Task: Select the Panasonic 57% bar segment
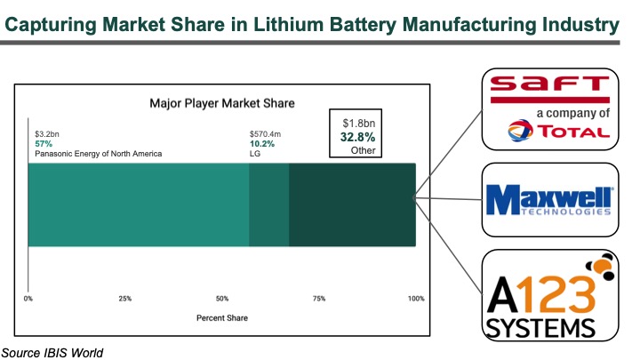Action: coord(138,204)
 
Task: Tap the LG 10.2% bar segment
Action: coord(268,204)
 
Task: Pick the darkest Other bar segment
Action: coord(352,204)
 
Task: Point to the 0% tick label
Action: coord(28,298)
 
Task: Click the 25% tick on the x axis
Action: coord(125,298)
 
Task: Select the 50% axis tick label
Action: coord(222,298)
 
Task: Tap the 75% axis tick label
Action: coord(319,298)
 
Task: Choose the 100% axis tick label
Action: coord(415,298)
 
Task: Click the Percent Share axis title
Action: coord(221,317)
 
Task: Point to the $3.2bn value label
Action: coord(46,133)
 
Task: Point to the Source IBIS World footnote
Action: coord(52,352)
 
